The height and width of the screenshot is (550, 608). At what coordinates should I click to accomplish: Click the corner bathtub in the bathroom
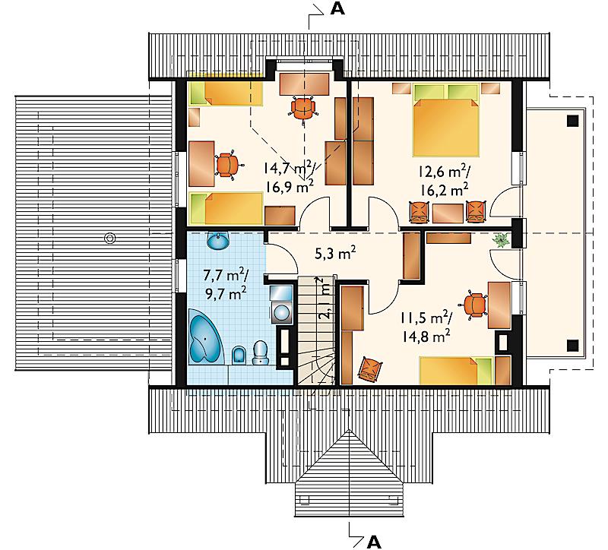click(204, 337)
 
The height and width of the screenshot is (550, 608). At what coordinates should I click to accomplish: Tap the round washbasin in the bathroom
click(218, 241)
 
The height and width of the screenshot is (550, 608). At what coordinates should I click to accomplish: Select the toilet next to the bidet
click(260, 352)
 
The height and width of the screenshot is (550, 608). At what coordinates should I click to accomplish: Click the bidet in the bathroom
click(239, 355)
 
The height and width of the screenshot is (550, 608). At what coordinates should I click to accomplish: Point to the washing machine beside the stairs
click(281, 305)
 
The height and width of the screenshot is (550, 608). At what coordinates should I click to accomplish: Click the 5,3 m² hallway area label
click(335, 254)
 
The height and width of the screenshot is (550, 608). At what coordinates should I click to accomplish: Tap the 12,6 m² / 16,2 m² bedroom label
click(443, 181)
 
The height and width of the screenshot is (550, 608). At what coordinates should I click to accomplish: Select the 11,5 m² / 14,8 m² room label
click(426, 327)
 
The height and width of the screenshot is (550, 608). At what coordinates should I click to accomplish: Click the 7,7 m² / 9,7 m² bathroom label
click(226, 285)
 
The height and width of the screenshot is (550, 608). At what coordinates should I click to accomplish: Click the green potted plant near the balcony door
click(502, 240)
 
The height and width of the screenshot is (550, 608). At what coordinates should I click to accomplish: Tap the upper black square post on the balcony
click(573, 121)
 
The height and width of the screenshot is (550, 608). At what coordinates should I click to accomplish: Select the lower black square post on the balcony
click(573, 346)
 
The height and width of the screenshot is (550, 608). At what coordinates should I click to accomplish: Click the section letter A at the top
click(337, 10)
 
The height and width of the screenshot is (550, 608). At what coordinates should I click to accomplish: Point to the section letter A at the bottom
click(373, 542)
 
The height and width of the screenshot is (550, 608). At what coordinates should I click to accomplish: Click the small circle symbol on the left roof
click(110, 238)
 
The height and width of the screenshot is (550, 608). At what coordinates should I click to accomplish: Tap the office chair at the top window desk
click(303, 108)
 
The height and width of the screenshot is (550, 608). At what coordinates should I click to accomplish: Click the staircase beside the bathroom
click(317, 330)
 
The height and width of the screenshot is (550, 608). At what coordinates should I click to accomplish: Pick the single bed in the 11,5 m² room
click(457, 371)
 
